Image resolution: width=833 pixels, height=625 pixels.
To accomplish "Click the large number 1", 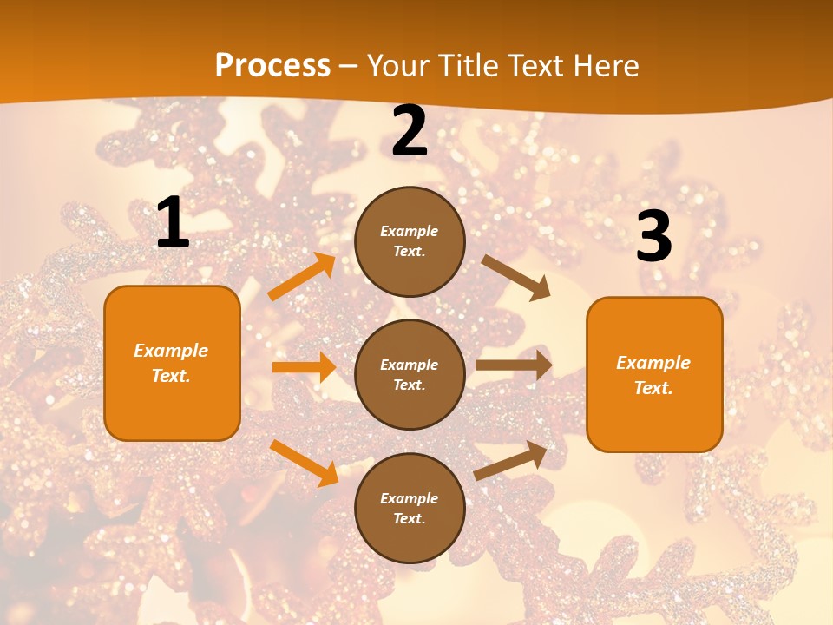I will click(x=173, y=223).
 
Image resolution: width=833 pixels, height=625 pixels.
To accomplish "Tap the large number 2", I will click(x=410, y=131).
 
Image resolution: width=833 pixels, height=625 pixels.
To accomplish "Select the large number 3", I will click(x=654, y=236).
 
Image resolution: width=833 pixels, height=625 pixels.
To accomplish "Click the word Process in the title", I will click(x=272, y=66).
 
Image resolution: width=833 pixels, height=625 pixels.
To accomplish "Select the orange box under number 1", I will click(x=172, y=363).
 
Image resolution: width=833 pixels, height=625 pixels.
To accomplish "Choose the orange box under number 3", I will click(x=654, y=374).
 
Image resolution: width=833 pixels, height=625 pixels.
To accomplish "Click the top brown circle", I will click(x=410, y=241).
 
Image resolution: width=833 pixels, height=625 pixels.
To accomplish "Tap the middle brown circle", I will click(x=410, y=374).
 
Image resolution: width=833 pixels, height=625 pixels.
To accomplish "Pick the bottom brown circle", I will click(x=410, y=508).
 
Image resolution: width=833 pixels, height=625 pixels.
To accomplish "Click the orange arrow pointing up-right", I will click(x=302, y=277).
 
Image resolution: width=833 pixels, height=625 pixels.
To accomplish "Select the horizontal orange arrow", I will click(x=304, y=367).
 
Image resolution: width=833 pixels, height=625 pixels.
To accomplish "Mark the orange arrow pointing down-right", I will click(x=304, y=462).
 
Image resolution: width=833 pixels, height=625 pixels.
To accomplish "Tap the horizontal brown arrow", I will click(x=514, y=365).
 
